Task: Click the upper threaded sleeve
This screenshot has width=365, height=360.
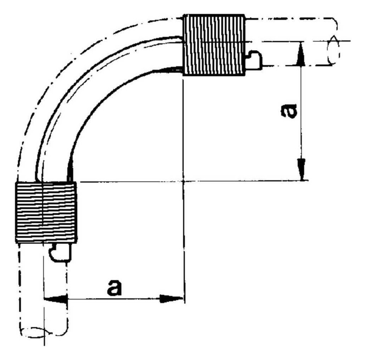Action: click(214, 45)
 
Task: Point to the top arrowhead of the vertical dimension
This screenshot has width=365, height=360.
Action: click(301, 54)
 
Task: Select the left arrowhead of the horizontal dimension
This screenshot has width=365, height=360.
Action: click(55, 299)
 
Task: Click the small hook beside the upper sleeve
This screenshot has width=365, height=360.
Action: click(254, 60)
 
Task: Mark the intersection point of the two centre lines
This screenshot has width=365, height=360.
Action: click(184, 181)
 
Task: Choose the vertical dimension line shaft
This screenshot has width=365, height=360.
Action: click(302, 111)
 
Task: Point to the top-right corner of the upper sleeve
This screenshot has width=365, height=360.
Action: click(245, 15)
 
